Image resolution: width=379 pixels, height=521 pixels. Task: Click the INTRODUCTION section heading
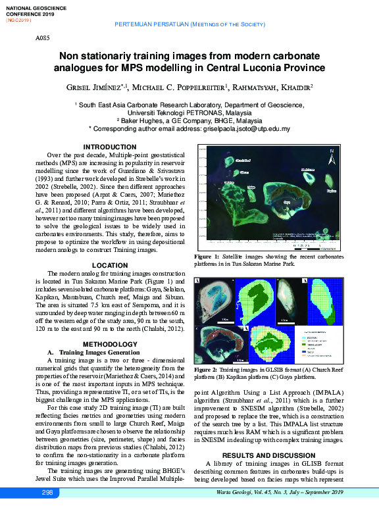(110, 147)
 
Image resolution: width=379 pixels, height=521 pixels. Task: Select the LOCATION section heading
(110, 265)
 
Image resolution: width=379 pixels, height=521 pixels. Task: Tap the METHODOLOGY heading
(110, 345)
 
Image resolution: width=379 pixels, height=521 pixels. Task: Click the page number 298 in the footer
(47, 511)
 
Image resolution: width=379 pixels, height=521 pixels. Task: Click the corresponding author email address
(253, 128)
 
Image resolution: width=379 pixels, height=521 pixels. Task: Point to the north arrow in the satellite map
(332, 156)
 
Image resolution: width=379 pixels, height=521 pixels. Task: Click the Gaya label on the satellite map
(286, 202)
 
